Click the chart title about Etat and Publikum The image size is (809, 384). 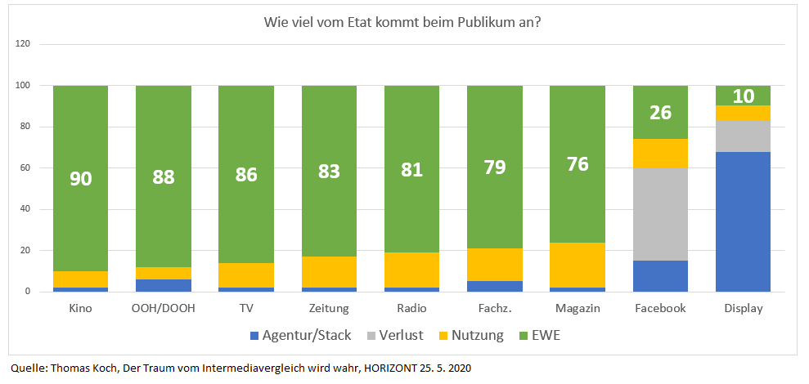coord(402,21)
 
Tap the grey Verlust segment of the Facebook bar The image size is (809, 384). coord(660,214)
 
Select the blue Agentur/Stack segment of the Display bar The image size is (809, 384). coord(743,221)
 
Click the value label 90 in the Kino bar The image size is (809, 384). coord(81,177)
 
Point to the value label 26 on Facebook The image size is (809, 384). coord(660,112)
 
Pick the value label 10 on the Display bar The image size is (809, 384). coord(743,96)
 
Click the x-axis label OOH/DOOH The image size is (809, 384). coord(164,308)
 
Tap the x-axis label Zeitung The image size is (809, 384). coord(329,308)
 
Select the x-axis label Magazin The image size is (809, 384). coord(578,308)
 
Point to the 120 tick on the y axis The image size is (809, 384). coord(23,44)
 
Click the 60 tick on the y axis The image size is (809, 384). coord(25,168)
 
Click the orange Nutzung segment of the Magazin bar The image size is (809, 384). coord(578,265)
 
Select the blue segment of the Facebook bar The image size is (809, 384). coord(660,276)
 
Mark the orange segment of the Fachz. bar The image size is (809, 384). coord(495,265)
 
